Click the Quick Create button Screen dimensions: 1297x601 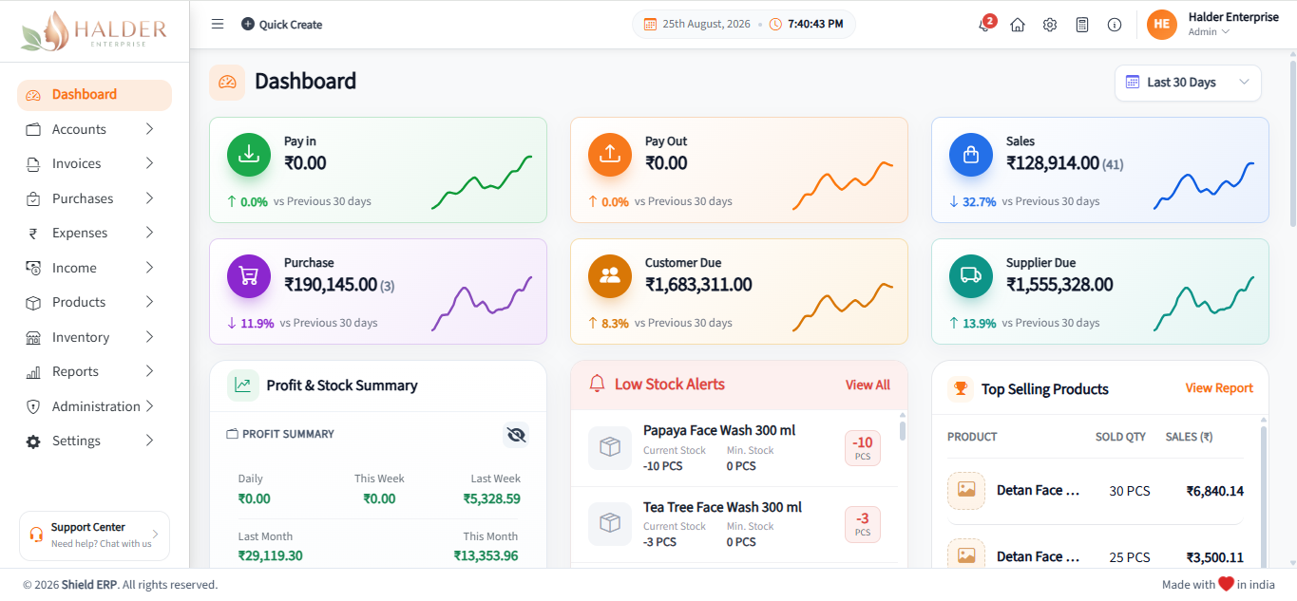tap(281, 25)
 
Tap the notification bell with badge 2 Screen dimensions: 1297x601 tap(986, 24)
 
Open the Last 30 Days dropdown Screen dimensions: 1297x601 tap(1188, 83)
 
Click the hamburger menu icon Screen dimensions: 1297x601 tap(218, 25)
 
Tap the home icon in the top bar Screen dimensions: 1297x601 tap(1018, 25)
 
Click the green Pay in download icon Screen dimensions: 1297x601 tap(249, 155)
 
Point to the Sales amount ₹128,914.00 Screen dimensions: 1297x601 tap(1053, 163)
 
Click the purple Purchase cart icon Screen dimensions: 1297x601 tap(249, 276)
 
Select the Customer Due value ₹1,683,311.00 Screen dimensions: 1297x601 tap(698, 285)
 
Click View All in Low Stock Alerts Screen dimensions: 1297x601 tap(868, 385)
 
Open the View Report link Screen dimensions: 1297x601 tap(1219, 388)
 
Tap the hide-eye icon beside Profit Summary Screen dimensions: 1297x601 tap(516, 435)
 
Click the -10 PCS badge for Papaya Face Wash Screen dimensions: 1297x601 tap(862, 448)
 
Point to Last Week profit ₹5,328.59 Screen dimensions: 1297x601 tap(491, 498)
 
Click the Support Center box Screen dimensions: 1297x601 tap(94, 535)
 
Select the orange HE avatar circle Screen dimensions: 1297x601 tap(1161, 25)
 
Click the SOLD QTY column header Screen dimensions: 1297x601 tap(1120, 437)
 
